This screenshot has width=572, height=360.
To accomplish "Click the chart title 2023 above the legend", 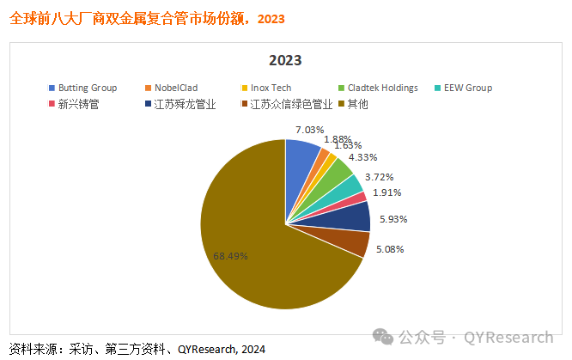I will [285, 61].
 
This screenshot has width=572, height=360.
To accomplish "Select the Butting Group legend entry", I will [82, 88].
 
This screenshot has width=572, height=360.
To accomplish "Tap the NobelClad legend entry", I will [178, 88].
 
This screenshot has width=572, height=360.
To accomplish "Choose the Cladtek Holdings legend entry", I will [377, 88].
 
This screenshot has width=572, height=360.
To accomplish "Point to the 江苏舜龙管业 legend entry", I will [178, 105].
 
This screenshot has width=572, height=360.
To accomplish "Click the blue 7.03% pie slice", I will [301, 156].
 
